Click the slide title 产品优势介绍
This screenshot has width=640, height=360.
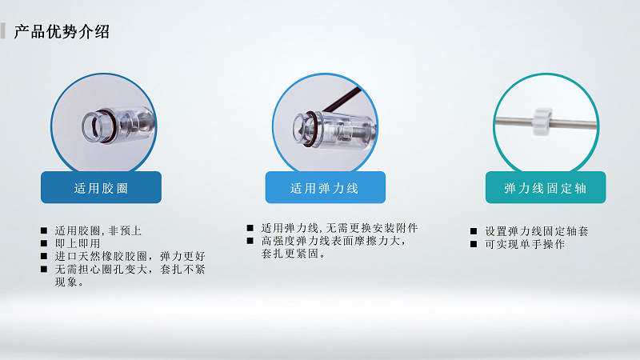(62, 32)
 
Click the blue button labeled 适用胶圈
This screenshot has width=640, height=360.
(101, 188)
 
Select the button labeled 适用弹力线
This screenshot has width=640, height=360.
(325, 188)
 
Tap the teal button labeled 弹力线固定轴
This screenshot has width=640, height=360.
(546, 188)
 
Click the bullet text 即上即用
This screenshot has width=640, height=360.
(78, 243)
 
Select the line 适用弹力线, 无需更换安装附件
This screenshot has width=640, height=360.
(339, 228)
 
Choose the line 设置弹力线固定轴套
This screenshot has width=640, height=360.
(537, 231)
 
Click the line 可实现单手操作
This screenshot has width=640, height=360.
(525, 244)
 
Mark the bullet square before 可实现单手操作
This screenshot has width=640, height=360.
(474, 244)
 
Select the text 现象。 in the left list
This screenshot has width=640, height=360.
(70, 282)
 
